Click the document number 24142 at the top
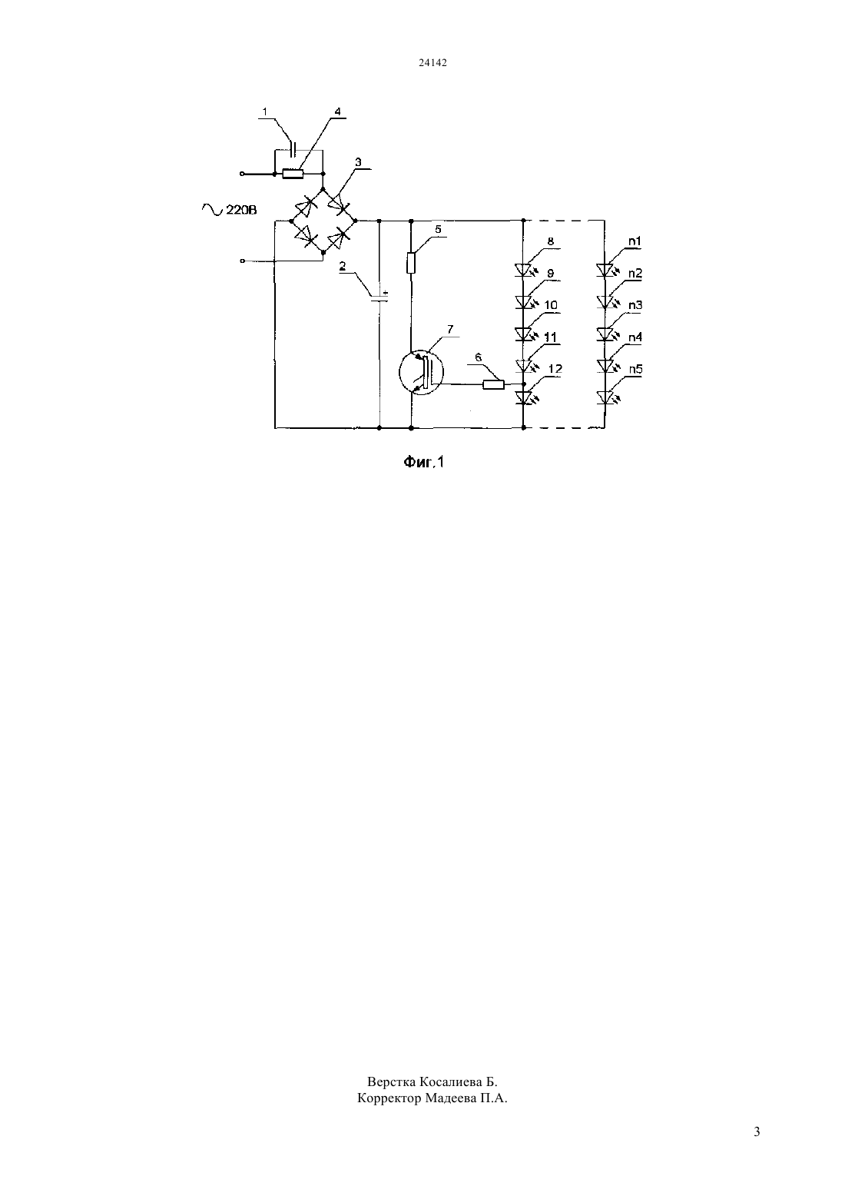click(432, 62)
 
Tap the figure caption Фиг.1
click(423, 461)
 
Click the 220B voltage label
click(241, 210)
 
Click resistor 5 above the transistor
click(411, 263)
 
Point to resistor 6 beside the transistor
click(493, 384)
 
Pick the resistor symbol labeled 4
click(293, 174)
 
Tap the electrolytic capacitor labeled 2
click(379, 297)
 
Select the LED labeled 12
click(525, 398)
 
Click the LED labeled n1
click(605, 270)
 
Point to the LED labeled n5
click(605, 398)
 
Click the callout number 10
click(551, 305)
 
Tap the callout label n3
click(635, 305)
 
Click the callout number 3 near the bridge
click(358, 161)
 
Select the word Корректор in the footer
click(389, 1098)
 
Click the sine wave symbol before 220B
click(212, 210)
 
